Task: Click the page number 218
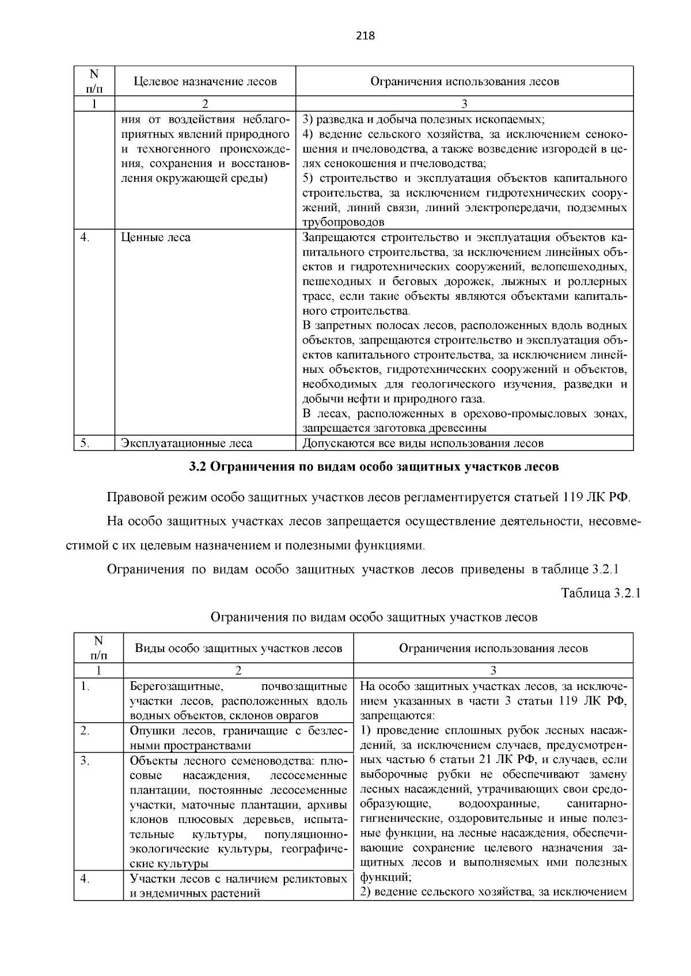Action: click(x=365, y=36)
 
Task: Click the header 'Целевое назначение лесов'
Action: click(x=205, y=81)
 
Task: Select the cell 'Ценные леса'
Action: click(x=155, y=238)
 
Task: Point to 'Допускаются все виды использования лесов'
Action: click(x=423, y=443)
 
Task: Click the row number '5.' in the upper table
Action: click(x=85, y=443)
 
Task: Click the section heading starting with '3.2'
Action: click(x=374, y=467)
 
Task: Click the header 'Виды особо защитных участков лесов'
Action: click(x=238, y=648)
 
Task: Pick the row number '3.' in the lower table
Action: click(x=85, y=761)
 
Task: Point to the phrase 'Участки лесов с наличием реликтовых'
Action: click(x=238, y=879)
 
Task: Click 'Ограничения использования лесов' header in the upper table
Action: click(x=464, y=81)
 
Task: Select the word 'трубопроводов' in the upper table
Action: click(x=343, y=222)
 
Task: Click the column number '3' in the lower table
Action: click(x=493, y=670)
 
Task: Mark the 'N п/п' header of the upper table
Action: click(x=94, y=81)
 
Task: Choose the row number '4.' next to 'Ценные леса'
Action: click(x=85, y=238)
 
